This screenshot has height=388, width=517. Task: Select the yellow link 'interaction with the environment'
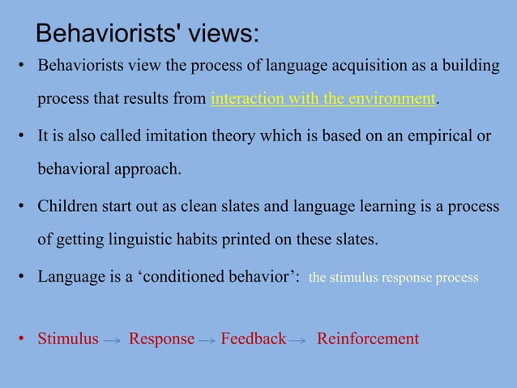[323, 100]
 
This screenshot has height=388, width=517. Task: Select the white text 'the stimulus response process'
[394, 278]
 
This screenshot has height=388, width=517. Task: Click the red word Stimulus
[68, 338]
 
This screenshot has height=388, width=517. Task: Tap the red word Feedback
[253, 338]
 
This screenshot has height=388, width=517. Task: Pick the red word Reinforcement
[368, 338]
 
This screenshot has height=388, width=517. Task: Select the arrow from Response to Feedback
[207, 341]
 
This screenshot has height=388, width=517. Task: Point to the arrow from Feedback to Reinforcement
[297, 341]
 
